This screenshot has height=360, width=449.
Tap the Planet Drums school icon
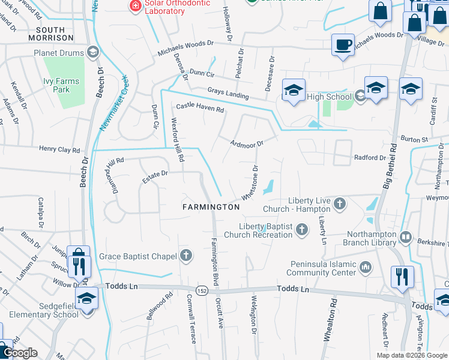(x=92, y=52)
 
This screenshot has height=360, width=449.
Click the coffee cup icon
(x=343, y=44)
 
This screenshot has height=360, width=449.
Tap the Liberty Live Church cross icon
(x=339, y=205)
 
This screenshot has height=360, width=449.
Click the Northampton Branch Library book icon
(x=406, y=238)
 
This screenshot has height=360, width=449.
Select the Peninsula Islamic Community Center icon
(x=366, y=265)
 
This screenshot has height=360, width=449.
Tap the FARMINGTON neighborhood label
(x=211, y=206)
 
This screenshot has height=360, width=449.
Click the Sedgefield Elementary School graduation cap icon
(x=87, y=298)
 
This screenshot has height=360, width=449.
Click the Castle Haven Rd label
(x=199, y=108)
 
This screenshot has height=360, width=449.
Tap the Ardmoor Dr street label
(x=247, y=143)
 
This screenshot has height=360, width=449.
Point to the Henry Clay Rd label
(x=59, y=149)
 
